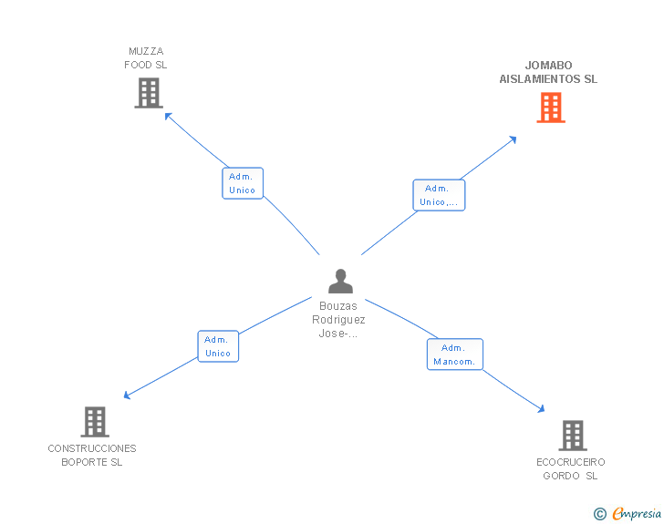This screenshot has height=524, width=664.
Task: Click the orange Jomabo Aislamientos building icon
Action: click(550, 108)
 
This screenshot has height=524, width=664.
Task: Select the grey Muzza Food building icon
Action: click(148, 93)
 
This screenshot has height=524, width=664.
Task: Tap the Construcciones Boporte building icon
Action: click(95, 422)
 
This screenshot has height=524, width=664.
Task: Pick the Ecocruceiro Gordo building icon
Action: click(572, 436)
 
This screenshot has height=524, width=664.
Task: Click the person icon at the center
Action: click(340, 282)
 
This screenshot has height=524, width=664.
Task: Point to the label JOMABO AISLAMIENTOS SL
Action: click(548, 72)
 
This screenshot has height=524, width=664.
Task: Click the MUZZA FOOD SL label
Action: click(146, 58)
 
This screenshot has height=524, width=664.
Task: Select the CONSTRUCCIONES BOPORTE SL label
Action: click(92, 455)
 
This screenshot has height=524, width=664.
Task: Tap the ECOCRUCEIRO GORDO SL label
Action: click(571, 468)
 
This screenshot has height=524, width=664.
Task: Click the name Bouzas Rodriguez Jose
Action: click(339, 320)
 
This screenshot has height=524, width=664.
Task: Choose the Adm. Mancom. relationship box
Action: click(454, 354)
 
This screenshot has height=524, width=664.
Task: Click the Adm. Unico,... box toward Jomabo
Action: click(439, 195)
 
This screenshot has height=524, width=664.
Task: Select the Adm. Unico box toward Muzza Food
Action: click(243, 183)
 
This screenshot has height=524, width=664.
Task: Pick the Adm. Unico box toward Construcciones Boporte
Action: click(218, 346)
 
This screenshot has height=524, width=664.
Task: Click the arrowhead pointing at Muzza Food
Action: click(167, 114)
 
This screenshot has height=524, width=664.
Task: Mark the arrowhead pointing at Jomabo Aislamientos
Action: click(514, 139)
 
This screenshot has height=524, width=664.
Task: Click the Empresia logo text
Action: click(637, 514)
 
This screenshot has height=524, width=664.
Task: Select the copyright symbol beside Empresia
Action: click(599, 515)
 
